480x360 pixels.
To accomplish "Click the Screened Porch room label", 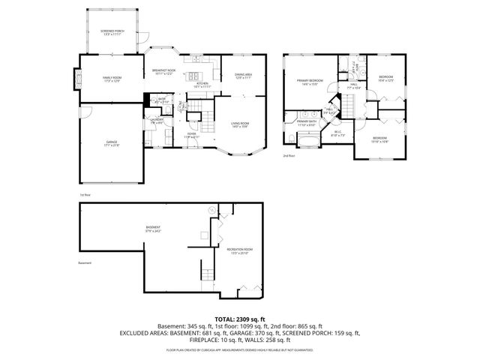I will point(112,32).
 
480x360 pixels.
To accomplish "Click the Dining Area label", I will point(243,76).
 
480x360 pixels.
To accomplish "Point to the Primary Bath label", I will point(306,122).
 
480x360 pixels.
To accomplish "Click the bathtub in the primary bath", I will point(308,139).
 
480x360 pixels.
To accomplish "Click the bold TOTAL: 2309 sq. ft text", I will point(240,319).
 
